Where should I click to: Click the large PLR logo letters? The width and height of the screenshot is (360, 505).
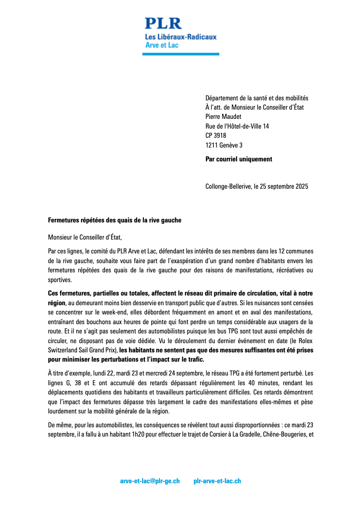click(x=163, y=23)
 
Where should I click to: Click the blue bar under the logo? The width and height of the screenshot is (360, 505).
click(x=180, y=54)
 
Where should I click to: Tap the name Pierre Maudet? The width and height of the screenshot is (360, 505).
click(x=223, y=117)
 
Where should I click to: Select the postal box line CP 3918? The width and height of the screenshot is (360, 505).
click(x=216, y=135)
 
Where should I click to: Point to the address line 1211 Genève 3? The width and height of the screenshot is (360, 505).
click(x=224, y=145)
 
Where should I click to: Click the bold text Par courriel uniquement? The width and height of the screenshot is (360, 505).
click(x=239, y=159)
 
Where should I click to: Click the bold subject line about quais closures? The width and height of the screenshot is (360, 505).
click(x=115, y=220)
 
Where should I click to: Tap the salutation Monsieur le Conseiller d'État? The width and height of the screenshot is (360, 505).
click(x=85, y=238)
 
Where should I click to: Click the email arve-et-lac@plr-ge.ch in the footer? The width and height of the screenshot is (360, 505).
click(x=150, y=481)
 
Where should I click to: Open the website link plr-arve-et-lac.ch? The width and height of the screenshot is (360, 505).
click(x=217, y=481)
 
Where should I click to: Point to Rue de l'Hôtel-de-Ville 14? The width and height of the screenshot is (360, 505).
click(x=237, y=126)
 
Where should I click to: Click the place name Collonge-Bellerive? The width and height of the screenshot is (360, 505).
click(x=228, y=187)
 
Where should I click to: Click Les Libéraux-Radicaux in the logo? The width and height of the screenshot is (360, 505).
click(x=181, y=37)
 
